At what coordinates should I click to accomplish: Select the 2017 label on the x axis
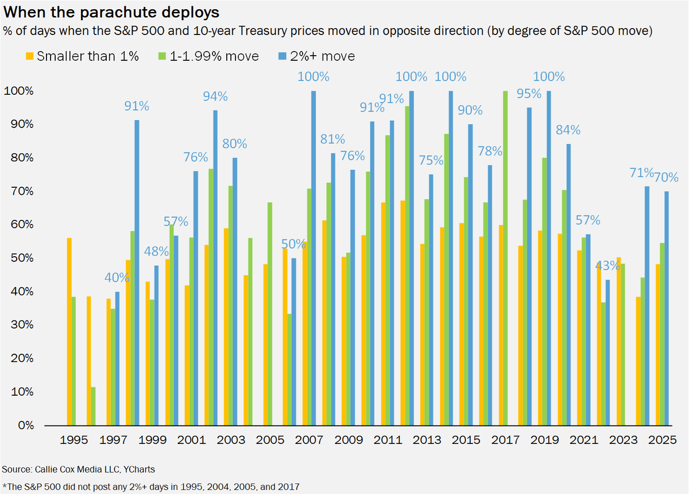pos(506,440)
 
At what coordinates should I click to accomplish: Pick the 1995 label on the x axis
pos(74,440)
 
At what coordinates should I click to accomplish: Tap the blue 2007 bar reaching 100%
pos(313,258)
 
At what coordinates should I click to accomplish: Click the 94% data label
pos(215,96)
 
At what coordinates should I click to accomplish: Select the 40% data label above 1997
pos(118,278)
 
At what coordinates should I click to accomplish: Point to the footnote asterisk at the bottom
pos(5,485)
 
